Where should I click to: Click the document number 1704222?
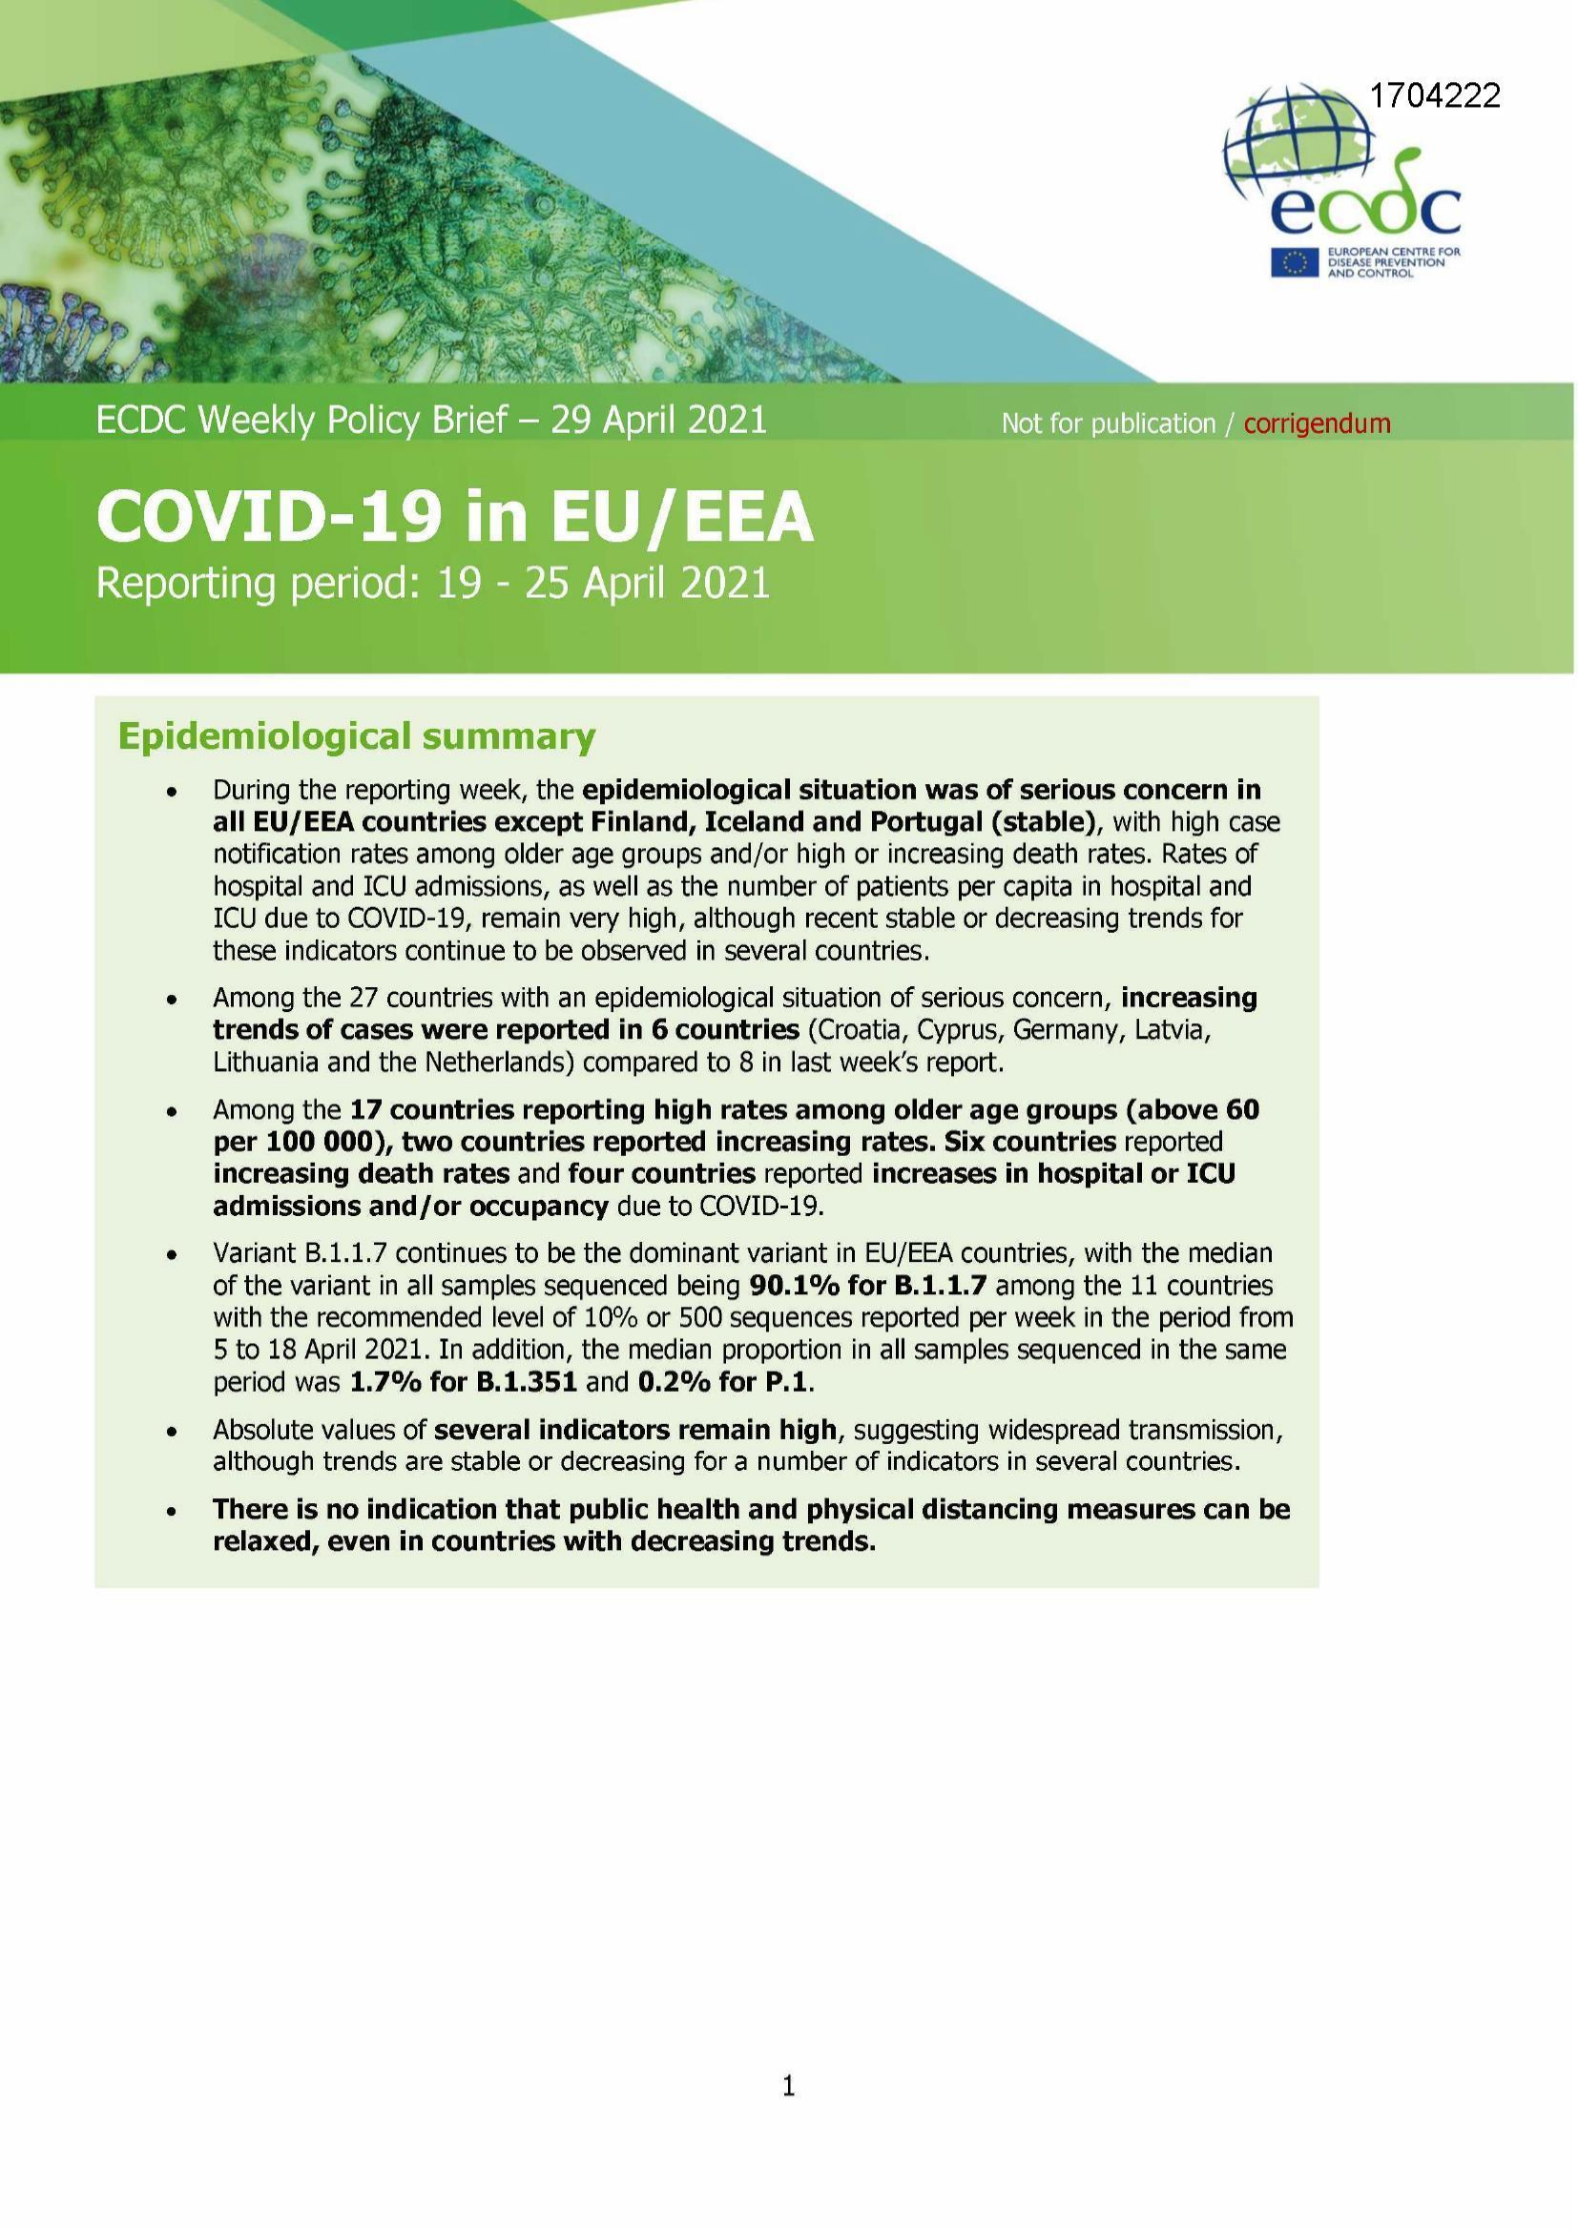[1434, 95]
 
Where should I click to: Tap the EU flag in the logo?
[1293, 262]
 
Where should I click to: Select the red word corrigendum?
[1317, 423]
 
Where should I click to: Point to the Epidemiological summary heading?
[356, 737]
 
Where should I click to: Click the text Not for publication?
[1108, 423]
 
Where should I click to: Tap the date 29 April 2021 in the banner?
[660, 420]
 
